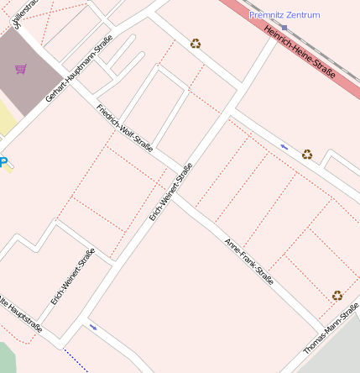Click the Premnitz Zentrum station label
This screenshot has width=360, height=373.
click(x=284, y=15)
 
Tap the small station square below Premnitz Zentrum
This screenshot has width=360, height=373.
click(x=284, y=27)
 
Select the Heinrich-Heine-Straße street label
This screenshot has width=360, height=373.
click(x=300, y=52)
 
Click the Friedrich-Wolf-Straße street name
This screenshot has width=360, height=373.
click(x=124, y=129)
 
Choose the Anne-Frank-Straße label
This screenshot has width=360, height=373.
click(x=249, y=261)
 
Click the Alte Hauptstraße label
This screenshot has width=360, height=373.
click(x=20, y=313)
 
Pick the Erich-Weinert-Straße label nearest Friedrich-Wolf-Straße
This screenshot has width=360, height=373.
click(x=171, y=192)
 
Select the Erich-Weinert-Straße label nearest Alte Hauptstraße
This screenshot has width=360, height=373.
click(x=73, y=276)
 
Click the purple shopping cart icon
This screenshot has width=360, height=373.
click(x=20, y=69)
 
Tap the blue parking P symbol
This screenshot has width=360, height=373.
click(x=3, y=162)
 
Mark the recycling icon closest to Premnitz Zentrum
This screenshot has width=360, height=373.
click(x=196, y=43)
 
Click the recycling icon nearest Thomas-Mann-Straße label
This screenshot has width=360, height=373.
click(x=337, y=295)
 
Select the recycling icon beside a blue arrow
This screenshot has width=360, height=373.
click(x=307, y=154)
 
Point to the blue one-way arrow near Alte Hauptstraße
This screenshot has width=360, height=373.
click(x=92, y=327)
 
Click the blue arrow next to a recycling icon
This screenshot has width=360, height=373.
click(x=284, y=147)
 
